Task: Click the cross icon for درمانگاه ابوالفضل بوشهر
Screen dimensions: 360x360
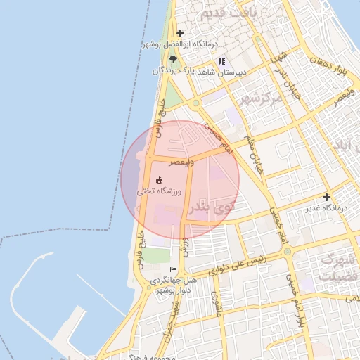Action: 181,33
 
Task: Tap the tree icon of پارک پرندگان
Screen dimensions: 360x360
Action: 173,60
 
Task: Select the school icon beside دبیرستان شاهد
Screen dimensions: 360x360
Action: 221,61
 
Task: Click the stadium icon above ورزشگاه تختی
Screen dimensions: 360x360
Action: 159,180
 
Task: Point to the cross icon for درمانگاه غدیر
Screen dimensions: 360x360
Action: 326,198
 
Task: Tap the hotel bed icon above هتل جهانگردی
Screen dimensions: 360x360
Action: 174,270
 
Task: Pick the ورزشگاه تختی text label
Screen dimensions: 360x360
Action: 163,191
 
